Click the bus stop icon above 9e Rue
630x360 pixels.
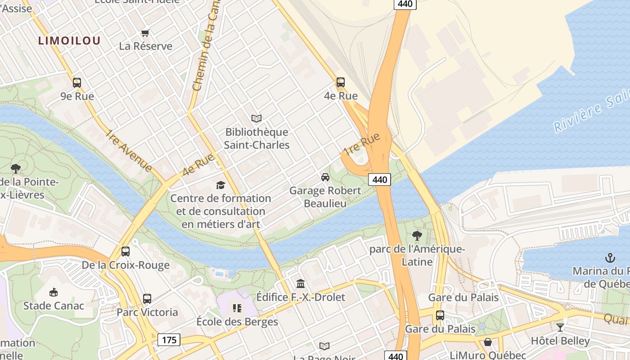pos(77,83)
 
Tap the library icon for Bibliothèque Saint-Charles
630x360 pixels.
pos(256,118)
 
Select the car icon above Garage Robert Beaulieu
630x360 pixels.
pos(325,177)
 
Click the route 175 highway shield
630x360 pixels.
pos(169,339)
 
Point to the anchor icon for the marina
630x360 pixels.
pos(610,258)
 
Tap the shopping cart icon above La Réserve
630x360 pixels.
pos(145,33)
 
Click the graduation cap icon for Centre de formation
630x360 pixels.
pos(220,185)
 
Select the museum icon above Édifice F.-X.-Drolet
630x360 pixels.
pos(301,283)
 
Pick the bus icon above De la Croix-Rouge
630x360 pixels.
pos(126,252)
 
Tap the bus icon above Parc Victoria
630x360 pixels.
pos(147,299)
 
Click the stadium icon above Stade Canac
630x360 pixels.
pos(54,292)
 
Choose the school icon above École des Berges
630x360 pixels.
pos(237,308)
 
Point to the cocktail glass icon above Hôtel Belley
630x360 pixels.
pos(560,327)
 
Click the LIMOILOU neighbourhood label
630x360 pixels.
pos(69,40)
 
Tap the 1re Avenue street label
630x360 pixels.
pos(129,151)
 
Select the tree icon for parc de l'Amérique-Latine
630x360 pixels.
pos(417,235)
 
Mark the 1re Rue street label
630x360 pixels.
pos(362,144)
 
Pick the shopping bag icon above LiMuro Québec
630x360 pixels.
pos(488,342)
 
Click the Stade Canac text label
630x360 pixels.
pos(54,306)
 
